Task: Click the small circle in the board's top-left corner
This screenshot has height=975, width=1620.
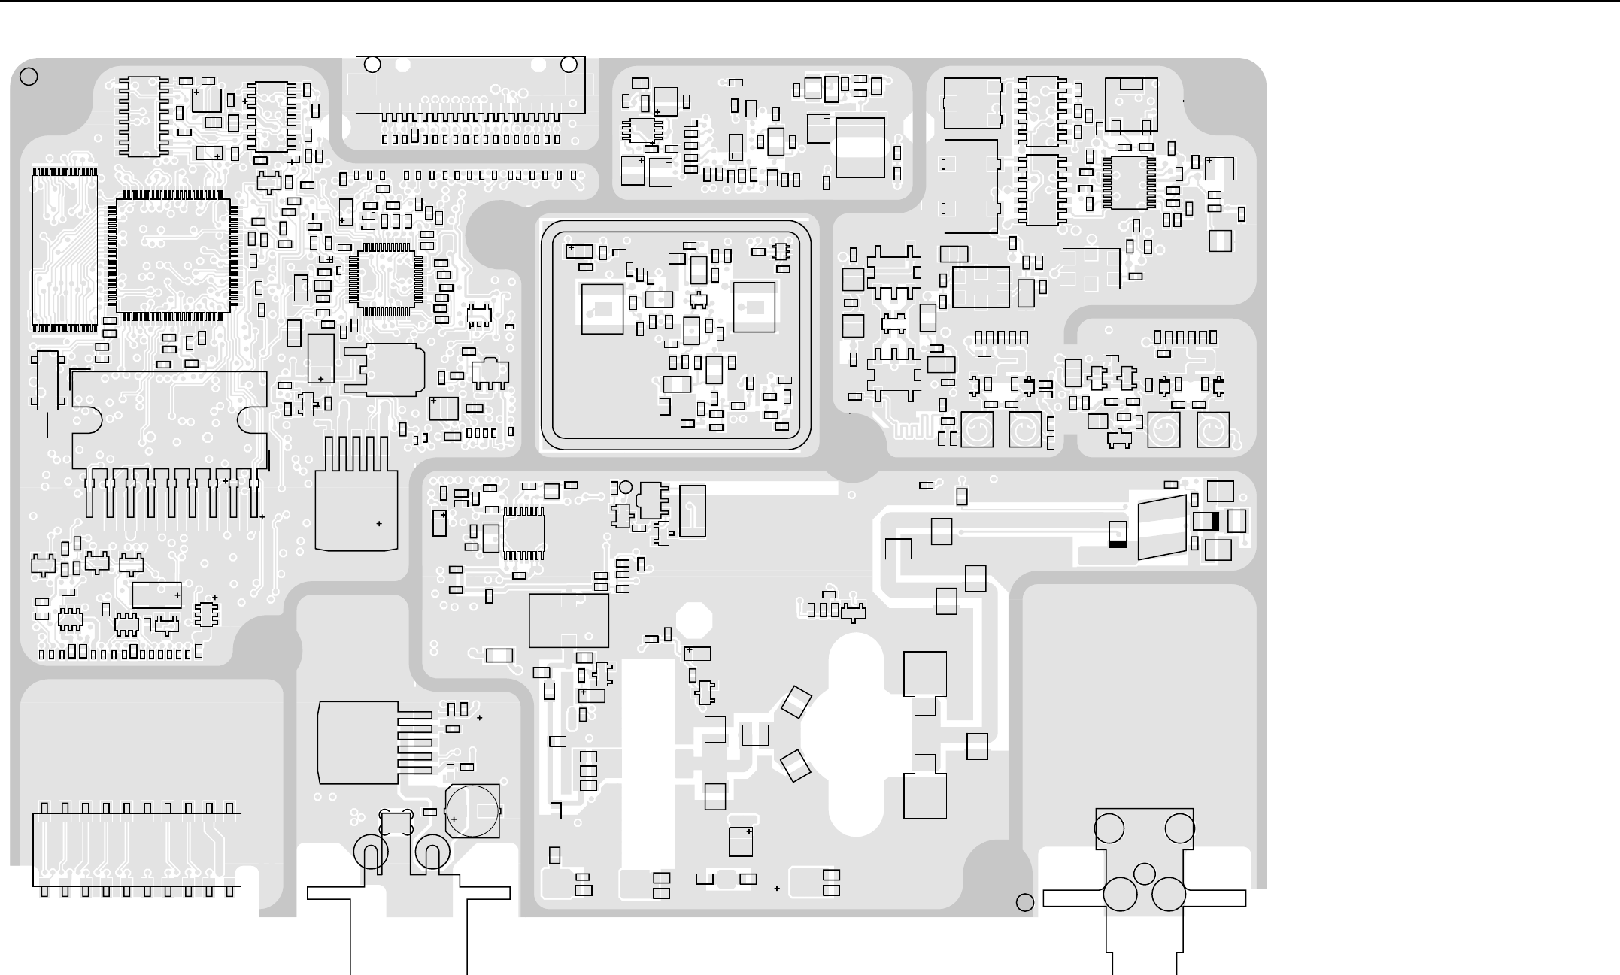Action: pos(29,77)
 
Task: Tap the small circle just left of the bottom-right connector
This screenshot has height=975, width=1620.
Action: pos(1024,902)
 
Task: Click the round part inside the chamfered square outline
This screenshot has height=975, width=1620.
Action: pos(472,810)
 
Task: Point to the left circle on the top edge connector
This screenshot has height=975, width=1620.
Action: pos(372,65)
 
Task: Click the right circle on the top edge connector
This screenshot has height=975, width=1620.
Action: pos(569,65)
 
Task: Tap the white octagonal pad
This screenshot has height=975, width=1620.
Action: pos(693,619)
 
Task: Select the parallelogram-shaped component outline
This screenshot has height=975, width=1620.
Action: pos(1162,528)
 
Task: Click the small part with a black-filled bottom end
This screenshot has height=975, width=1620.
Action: pos(1118,534)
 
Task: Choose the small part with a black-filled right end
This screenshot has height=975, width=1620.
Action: pos(1206,521)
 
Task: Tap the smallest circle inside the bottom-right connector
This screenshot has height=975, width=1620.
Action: pos(1144,874)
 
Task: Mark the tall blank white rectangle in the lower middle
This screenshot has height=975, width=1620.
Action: pos(648,763)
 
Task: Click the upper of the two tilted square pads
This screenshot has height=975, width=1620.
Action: pos(796,702)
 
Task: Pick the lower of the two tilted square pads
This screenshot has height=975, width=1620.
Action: pos(796,765)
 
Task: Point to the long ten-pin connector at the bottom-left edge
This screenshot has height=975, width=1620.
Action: pos(137,849)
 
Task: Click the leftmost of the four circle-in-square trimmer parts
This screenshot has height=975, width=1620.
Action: pos(977,431)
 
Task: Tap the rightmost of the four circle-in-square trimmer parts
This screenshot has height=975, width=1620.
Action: pos(1212,431)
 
